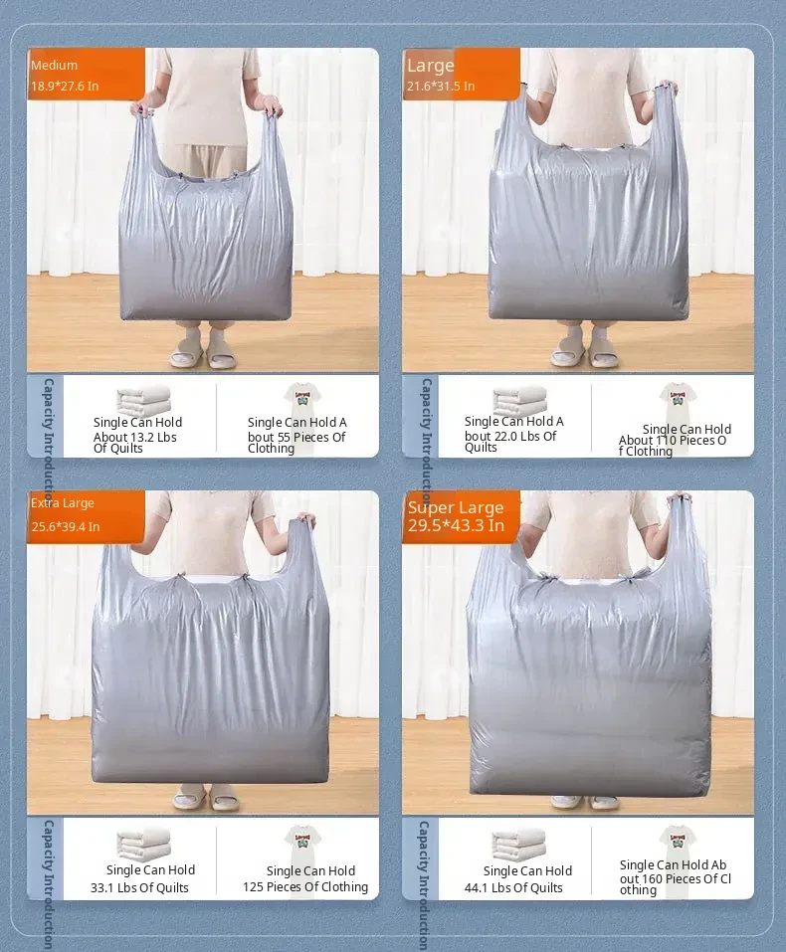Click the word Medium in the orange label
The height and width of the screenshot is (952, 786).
click(54, 65)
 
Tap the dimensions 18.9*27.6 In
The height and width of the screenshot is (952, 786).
click(65, 87)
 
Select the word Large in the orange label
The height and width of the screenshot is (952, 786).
click(431, 66)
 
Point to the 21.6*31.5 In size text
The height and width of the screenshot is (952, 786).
click(441, 87)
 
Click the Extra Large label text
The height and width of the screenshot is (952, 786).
click(63, 503)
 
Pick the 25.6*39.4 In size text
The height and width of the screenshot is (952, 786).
click(66, 526)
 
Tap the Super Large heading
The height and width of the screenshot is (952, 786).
click(456, 507)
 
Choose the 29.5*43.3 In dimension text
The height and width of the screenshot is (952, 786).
click(456, 525)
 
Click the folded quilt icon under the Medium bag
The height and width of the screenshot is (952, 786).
click(143, 400)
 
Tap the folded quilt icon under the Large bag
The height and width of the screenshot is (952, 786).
click(519, 400)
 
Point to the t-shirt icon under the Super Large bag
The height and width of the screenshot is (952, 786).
click(678, 841)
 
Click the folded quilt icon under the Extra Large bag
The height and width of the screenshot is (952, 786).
click(143, 843)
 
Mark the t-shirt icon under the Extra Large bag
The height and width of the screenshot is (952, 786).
click(302, 841)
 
